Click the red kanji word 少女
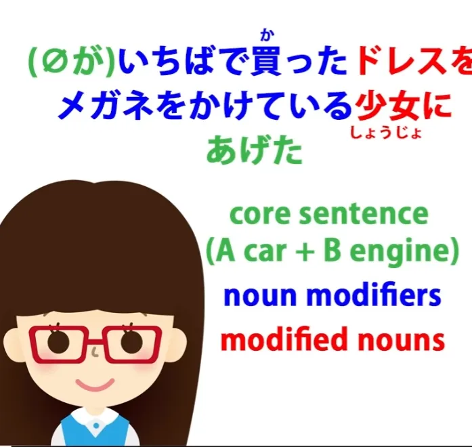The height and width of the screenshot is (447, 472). coord(387,106)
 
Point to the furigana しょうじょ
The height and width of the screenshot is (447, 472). coord(385,133)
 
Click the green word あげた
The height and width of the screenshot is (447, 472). coord(255,150)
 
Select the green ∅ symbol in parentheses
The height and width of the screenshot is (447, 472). coord(53,62)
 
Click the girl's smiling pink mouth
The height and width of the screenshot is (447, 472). coord(95,385)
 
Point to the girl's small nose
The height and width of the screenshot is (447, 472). coord(95,352)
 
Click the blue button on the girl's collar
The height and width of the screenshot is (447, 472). coord(96,426)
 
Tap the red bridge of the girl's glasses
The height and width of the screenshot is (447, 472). coord(95,341)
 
